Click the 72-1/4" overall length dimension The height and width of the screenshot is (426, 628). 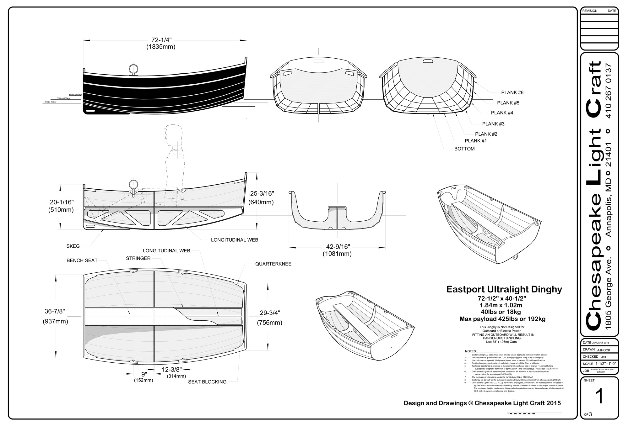tap(161, 40)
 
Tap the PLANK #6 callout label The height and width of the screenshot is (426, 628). tap(512, 92)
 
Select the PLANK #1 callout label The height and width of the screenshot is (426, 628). tap(476, 141)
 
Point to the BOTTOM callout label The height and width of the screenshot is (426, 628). tap(464, 149)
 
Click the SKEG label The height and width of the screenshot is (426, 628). tap(73, 246)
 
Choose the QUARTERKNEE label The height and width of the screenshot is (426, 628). tap(273, 264)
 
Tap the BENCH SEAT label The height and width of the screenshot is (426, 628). tap(82, 260)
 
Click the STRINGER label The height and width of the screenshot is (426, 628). tap(138, 258)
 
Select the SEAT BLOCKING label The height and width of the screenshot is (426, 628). tap(207, 382)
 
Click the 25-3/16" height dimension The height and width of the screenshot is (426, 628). tap(262, 194)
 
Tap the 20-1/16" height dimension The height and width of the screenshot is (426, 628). tap(61, 202)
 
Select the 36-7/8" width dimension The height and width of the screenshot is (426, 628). tap(55, 311)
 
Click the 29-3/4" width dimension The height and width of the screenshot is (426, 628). tap(270, 313)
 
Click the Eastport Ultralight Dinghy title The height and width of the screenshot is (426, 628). tap(504, 289)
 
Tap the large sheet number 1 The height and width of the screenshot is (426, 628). tap(599, 396)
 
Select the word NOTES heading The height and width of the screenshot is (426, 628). tap(471, 351)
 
